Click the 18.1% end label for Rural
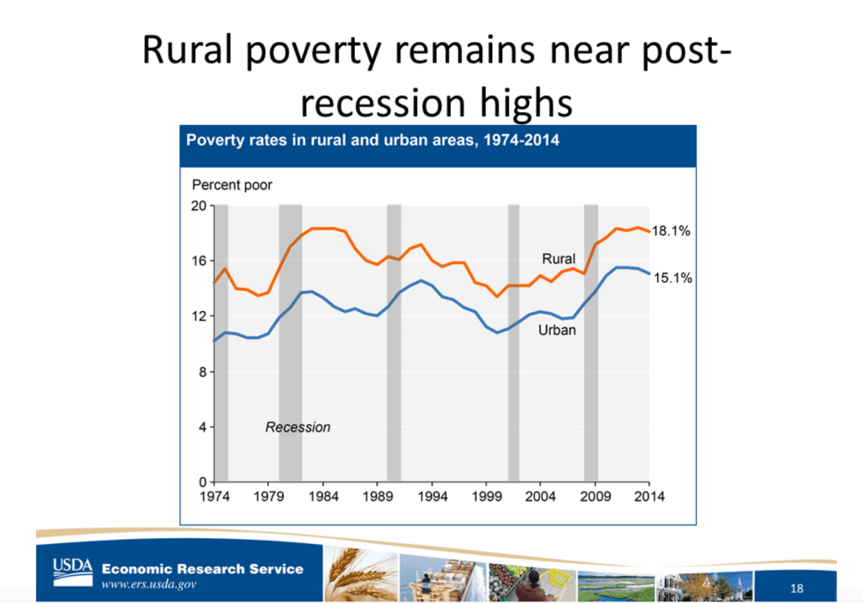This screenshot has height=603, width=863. (672, 230)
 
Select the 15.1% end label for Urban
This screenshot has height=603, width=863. (672, 277)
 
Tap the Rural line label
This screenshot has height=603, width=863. (558, 259)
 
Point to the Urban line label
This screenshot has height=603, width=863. (557, 330)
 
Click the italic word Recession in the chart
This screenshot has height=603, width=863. (297, 427)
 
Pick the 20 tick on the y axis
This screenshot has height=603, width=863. (201, 206)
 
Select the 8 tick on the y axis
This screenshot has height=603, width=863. (204, 372)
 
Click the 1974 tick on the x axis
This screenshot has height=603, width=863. (214, 496)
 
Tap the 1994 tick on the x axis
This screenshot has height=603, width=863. (431, 496)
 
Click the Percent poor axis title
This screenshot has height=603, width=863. (232, 185)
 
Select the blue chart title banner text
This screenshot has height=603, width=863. (373, 140)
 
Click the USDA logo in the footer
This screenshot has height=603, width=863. (72, 571)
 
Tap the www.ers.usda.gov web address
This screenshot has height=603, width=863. (150, 584)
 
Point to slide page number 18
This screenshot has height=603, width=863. (796, 588)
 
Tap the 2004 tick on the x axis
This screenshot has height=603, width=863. (540, 496)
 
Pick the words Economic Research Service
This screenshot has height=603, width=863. (202, 568)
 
